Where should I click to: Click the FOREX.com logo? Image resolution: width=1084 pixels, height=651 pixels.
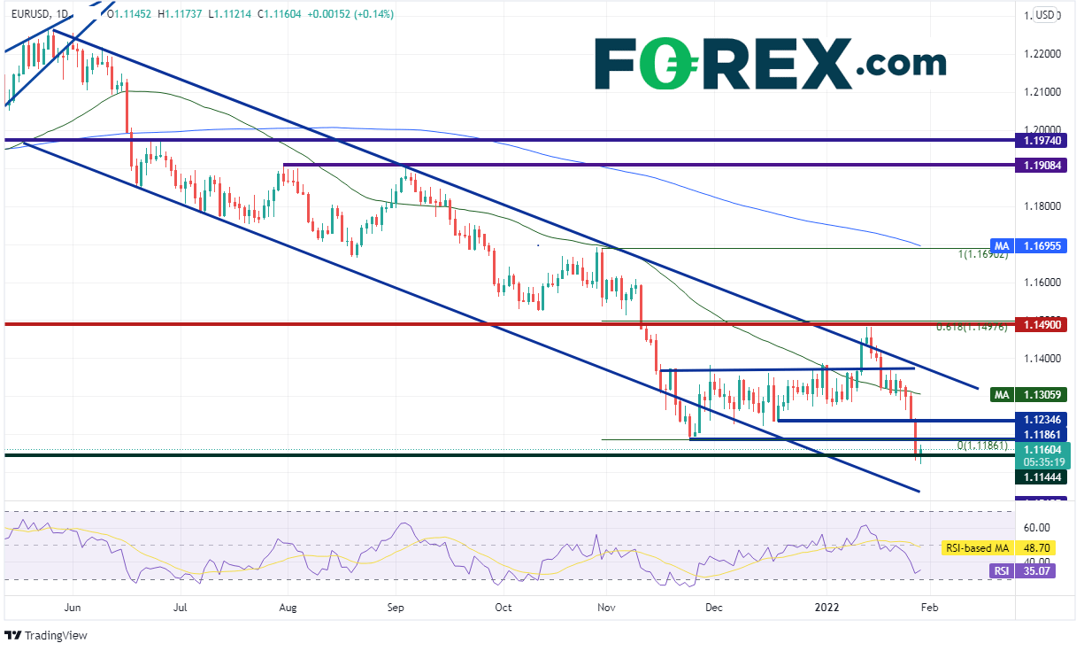click(x=769, y=62)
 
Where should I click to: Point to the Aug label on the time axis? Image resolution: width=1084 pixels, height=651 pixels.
click(x=287, y=608)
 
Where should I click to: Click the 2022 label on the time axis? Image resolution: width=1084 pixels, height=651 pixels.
click(x=827, y=608)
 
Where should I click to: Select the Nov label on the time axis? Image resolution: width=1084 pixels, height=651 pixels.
click(x=606, y=608)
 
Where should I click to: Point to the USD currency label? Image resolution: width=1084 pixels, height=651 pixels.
click(x=1047, y=14)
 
